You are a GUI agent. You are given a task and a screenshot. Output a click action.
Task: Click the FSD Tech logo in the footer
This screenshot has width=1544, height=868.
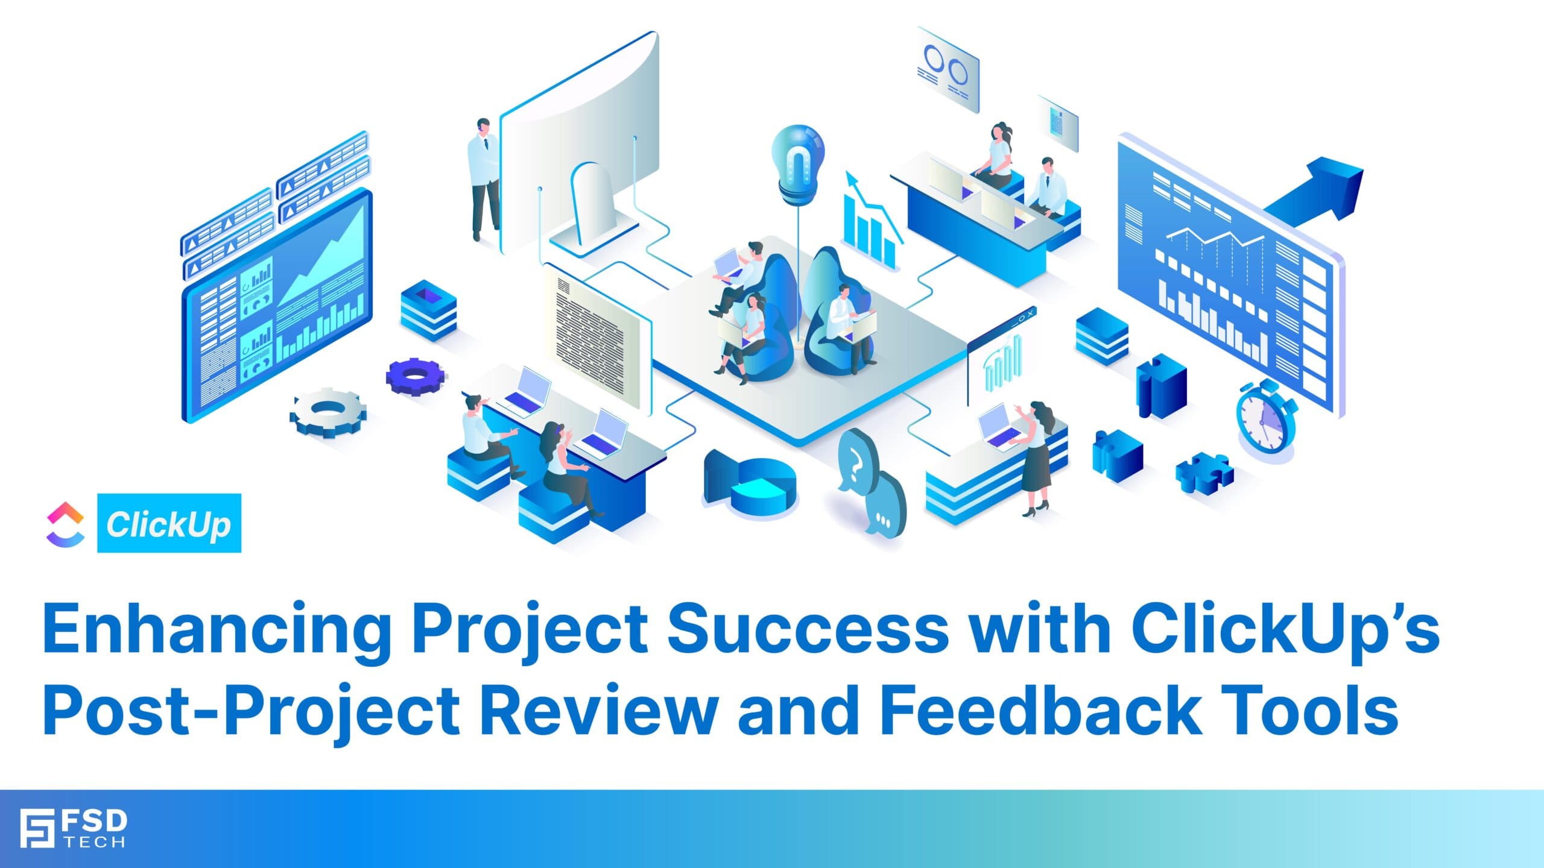pos(73,828)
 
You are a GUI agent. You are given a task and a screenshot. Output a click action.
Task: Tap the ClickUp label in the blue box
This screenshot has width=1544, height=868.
pos(169,523)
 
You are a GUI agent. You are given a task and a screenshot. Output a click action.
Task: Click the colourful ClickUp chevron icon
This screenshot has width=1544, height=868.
pos(65,524)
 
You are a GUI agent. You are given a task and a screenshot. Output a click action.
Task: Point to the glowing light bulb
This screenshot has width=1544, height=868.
pos(798,160)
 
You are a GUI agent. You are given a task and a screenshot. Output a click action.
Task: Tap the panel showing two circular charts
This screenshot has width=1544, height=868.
pos(947,69)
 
